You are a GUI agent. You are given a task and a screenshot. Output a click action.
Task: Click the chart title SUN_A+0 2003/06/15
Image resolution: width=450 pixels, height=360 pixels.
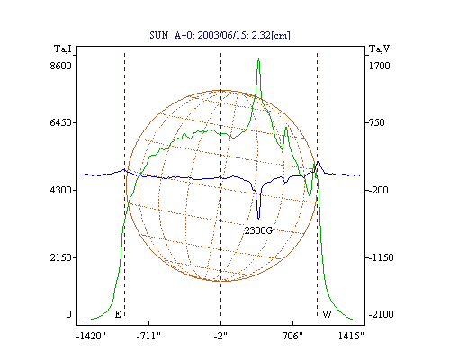tap(220, 35)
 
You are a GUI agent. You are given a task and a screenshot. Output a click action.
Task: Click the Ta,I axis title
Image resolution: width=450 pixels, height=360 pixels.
tap(63, 49)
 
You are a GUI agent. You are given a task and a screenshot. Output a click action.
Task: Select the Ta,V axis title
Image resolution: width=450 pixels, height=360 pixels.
tap(379, 49)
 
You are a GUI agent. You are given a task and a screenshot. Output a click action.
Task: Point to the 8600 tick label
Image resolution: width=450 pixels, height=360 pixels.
tap(61, 66)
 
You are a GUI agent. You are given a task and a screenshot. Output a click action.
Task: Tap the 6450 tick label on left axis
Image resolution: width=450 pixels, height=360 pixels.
tap(61, 122)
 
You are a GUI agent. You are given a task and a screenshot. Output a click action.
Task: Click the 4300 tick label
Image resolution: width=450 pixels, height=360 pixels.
tap(61, 190)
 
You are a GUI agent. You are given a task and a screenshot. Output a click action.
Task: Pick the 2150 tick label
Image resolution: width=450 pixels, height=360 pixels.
tap(61, 257)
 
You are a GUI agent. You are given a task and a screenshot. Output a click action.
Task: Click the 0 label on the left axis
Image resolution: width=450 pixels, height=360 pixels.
tap(68, 314)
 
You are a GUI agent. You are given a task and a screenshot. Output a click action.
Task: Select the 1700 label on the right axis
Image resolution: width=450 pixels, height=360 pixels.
tap(379, 66)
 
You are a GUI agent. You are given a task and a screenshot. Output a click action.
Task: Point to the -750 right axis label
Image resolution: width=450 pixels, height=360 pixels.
tap(376, 122)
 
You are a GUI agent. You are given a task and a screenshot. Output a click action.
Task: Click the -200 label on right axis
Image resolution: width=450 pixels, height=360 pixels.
tap(378, 190)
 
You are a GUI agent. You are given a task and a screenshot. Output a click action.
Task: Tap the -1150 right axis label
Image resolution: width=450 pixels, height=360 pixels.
tap(381, 257)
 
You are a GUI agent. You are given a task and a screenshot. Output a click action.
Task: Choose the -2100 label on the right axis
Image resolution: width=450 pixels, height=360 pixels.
tap(381, 314)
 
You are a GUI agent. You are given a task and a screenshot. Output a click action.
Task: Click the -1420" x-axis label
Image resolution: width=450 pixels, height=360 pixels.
tap(91, 336)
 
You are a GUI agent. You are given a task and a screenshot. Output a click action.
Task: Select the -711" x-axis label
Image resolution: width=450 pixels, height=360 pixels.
tap(148, 336)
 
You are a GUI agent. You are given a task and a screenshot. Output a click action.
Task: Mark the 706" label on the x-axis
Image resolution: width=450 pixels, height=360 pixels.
tap(292, 336)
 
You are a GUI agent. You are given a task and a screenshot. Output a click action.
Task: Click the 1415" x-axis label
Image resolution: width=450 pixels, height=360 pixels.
tap(351, 336)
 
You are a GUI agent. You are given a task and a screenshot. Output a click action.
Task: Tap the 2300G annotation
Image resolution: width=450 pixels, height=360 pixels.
tap(258, 230)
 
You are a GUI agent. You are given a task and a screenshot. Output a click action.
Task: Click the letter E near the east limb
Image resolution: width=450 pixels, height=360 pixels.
tap(118, 314)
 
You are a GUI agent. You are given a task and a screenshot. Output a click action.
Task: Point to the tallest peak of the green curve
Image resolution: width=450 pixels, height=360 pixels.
tap(258, 59)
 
